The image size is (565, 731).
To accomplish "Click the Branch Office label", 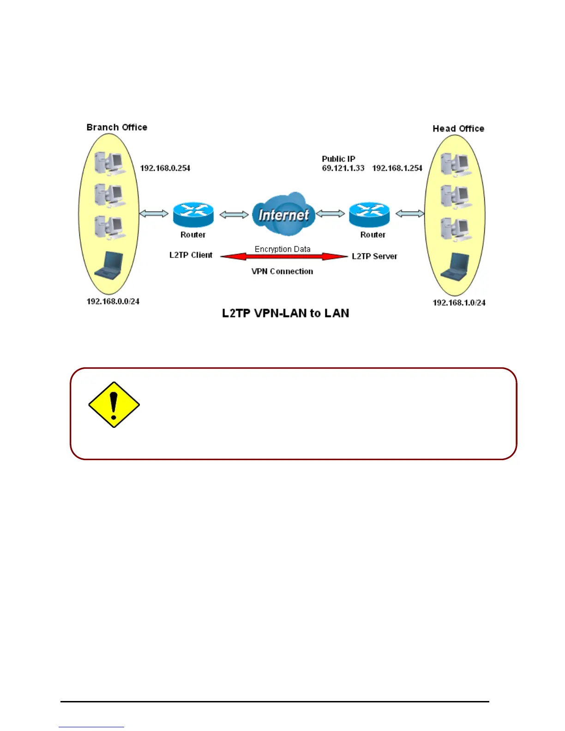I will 117,127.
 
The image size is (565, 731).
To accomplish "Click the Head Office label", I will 458,129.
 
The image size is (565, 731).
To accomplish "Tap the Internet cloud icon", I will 283,214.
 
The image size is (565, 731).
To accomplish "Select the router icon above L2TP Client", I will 193,214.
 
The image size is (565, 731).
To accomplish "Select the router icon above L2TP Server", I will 369,214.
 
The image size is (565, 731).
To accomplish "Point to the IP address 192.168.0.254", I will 165,168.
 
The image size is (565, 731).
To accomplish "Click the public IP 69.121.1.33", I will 343,168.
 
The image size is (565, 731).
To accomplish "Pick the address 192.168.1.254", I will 397,168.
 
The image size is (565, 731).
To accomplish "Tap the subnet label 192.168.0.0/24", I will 113,301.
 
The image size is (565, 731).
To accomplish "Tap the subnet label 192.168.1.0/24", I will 459,303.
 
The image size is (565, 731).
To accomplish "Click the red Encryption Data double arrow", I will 283,257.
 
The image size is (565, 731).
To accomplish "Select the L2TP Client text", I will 191,255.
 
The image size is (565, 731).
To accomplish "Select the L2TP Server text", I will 374,257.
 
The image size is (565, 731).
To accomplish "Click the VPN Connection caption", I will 282,271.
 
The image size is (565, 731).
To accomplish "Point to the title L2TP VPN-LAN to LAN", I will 285,313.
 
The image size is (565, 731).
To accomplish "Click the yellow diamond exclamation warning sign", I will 114,405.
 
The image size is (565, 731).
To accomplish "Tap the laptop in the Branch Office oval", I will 109,266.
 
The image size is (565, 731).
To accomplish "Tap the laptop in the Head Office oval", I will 456,267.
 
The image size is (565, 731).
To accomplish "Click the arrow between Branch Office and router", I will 154,214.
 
